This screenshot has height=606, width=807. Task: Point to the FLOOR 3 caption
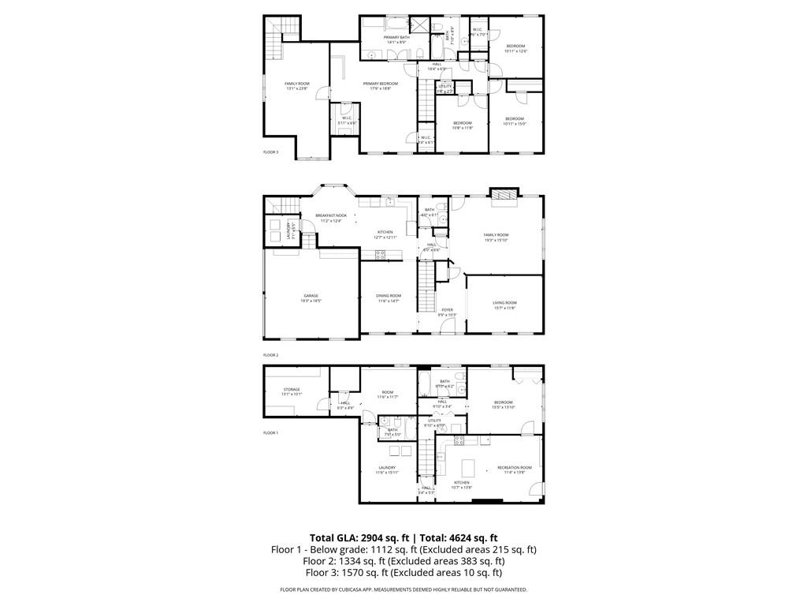[270, 151]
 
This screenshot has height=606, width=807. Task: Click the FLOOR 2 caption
[270, 355]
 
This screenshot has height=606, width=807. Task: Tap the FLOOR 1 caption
[270, 432]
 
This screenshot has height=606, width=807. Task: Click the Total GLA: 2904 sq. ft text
[358, 537]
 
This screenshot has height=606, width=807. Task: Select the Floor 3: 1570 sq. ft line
[403, 573]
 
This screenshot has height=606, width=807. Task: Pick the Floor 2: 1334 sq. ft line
[403, 561]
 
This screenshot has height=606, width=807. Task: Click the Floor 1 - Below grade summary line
[403, 549]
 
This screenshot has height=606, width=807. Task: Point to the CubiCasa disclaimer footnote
[403, 589]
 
